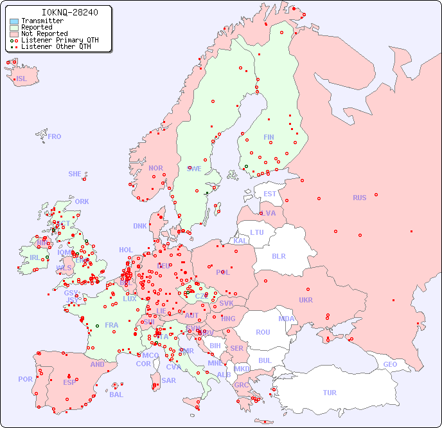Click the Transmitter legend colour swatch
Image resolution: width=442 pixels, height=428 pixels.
[x=14, y=21]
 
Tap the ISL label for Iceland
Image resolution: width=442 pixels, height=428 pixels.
[x=21, y=79]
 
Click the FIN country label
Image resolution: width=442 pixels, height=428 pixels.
[x=269, y=137]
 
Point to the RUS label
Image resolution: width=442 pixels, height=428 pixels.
[x=359, y=198]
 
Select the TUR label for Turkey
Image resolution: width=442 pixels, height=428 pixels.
[x=329, y=393]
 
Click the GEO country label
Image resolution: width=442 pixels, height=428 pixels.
[x=390, y=364]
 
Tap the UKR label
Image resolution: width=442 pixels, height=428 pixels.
[x=306, y=300]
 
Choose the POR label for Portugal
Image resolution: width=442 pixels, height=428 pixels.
[x=25, y=379]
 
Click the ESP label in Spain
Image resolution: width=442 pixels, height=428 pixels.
[x=69, y=382]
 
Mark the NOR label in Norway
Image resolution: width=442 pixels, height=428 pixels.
[x=155, y=168]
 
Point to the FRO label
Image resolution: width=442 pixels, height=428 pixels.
[x=54, y=136]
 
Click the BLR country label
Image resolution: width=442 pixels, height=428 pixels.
[x=279, y=256]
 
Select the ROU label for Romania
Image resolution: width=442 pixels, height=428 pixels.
[x=263, y=332]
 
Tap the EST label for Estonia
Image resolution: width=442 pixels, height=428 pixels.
[x=270, y=194]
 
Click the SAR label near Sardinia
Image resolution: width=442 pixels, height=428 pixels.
[x=168, y=380]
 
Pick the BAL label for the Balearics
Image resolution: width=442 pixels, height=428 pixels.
[x=116, y=395]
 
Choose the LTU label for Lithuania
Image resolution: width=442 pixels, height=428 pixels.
[x=257, y=232]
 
